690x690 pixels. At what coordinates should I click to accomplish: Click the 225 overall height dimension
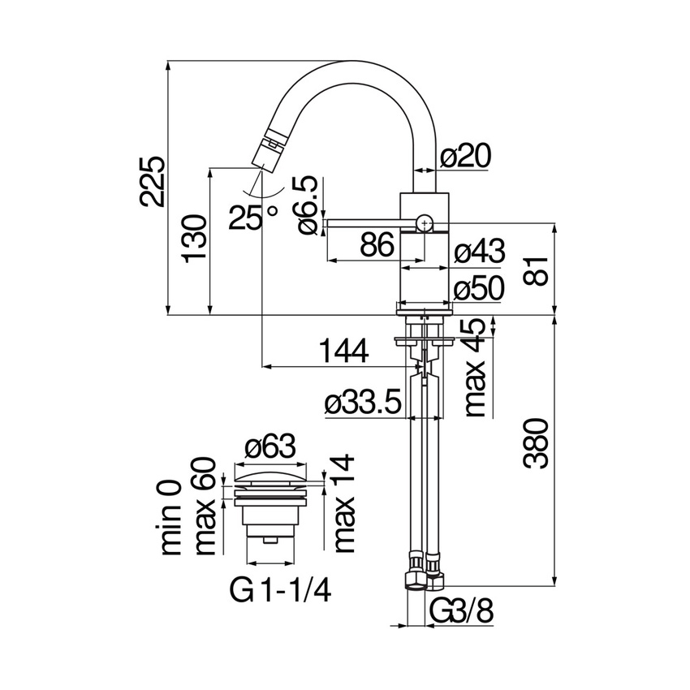[x=153, y=182]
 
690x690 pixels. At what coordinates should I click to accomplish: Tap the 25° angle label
[x=252, y=216]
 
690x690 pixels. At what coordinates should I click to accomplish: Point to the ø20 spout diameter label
[x=465, y=156]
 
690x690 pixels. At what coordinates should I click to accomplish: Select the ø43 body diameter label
[x=480, y=252]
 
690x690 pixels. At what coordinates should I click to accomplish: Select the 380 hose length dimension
[x=536, y=444]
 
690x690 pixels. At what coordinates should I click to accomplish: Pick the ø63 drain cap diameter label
[x=270, y=446]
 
